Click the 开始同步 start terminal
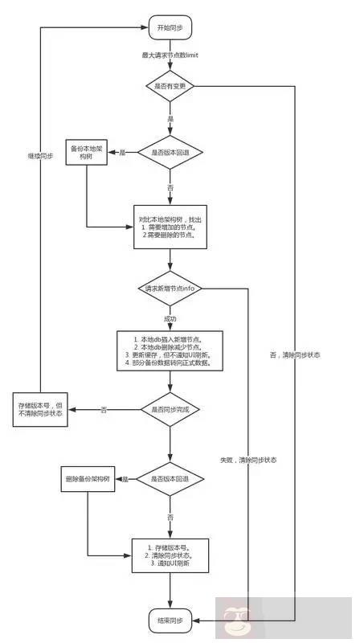(170, 27)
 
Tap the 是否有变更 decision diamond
(170, 86)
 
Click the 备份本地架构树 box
(86, 153)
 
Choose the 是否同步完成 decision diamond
(170, 409)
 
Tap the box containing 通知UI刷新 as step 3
(170, 555)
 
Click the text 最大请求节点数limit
(170, 55)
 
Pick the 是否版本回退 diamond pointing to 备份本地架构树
(170, 152)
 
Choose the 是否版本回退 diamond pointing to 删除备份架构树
(170, 480)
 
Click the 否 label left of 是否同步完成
(104, 409)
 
